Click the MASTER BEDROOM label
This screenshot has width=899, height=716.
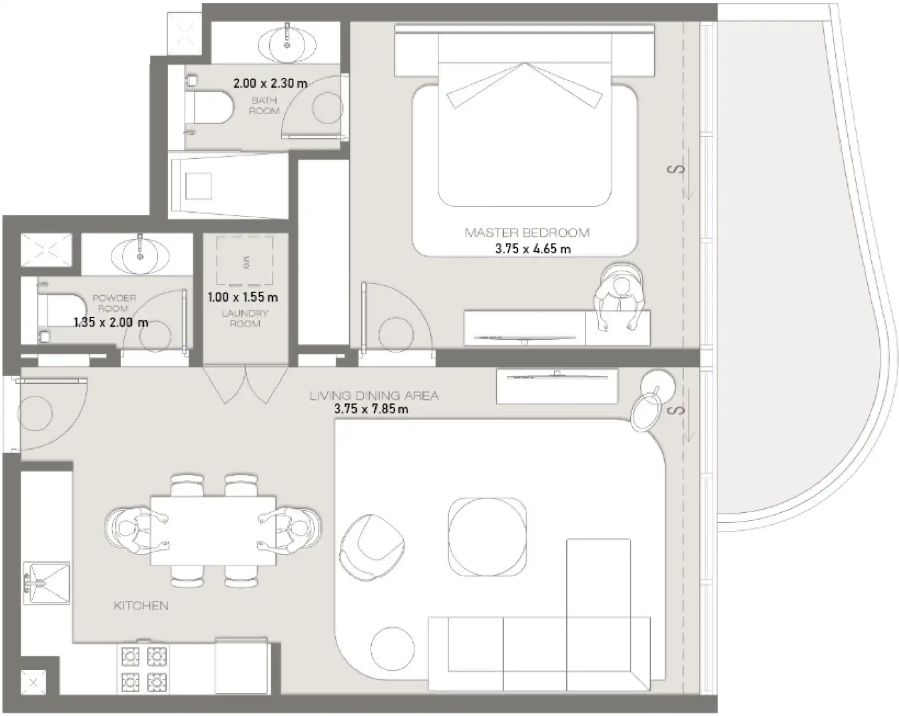[527, 233]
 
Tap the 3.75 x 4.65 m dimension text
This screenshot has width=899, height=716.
[533, 249]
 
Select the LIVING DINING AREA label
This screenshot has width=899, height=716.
[374, 396]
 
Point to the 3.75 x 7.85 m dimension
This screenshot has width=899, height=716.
[371, 409]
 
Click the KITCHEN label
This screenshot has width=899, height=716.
[141, 606]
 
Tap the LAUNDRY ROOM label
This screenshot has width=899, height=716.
[245, 318]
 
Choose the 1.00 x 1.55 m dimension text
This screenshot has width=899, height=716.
[243, 297]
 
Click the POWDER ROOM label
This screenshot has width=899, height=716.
[114, 303]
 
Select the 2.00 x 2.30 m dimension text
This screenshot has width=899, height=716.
[270, 83]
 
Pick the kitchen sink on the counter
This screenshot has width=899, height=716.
[46, 583]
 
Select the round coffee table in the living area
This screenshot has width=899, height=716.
[487, 537]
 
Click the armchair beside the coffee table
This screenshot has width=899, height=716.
[372, 548]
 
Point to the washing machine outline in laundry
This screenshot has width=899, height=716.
[245, 261]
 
